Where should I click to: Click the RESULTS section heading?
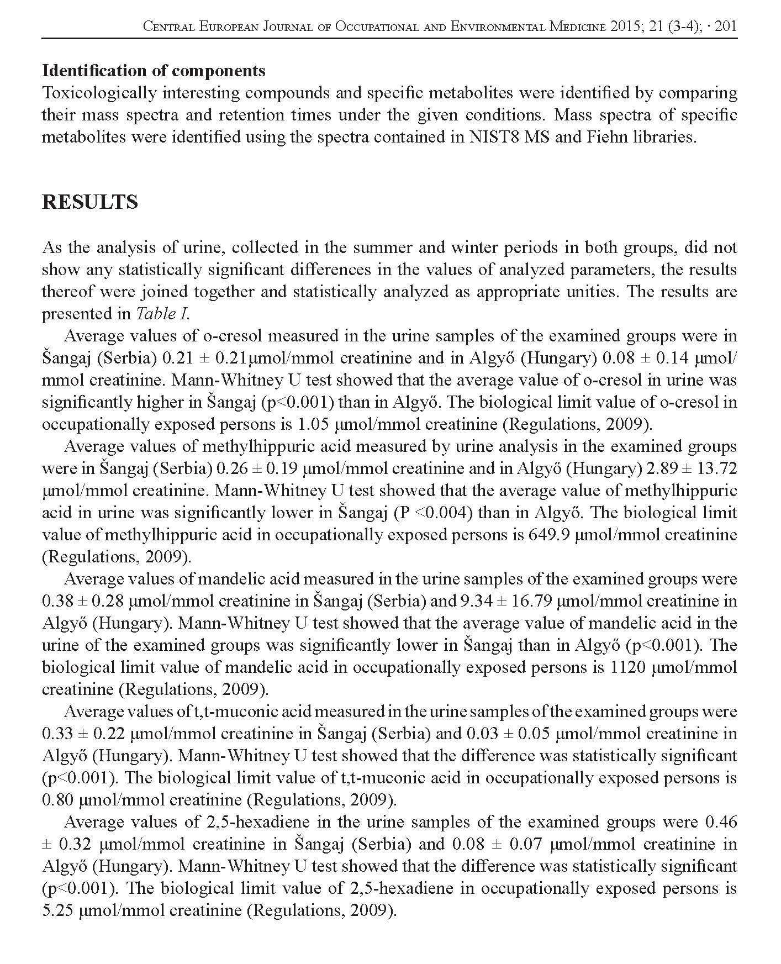pos(90,202)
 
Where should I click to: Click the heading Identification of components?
pos(154,71)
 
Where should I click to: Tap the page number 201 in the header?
pos(726,26)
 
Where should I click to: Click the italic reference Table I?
pos(162,314)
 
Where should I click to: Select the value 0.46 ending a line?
pos(721,822)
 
